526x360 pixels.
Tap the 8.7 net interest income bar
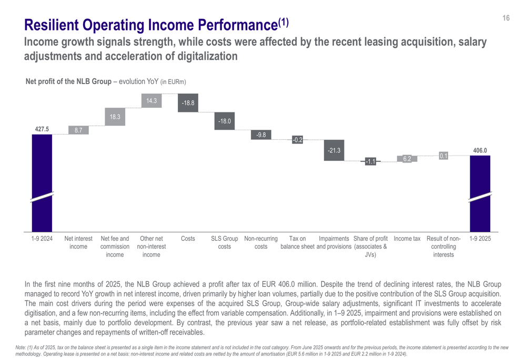tap(78, 130)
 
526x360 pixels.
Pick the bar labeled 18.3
tap(115, 118)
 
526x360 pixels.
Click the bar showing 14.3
tap(151, 101)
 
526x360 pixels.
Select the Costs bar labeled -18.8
tap(188, 103)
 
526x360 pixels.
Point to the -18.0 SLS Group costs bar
tap(225, 121)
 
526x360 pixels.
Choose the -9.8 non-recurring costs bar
tap(261, 135)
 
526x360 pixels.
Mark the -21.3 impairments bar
tap(334, 150)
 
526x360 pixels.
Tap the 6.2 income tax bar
tap(407, 158)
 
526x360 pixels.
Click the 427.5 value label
tap(42, 129)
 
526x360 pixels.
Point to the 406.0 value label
tap(480, 150)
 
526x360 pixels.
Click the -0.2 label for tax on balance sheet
tap(297, 140)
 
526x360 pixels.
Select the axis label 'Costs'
tap(188, 239)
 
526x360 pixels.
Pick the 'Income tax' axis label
tap(407, 239)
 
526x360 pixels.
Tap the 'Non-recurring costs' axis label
tap(261, 243)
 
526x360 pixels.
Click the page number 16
tap(505, 18)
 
